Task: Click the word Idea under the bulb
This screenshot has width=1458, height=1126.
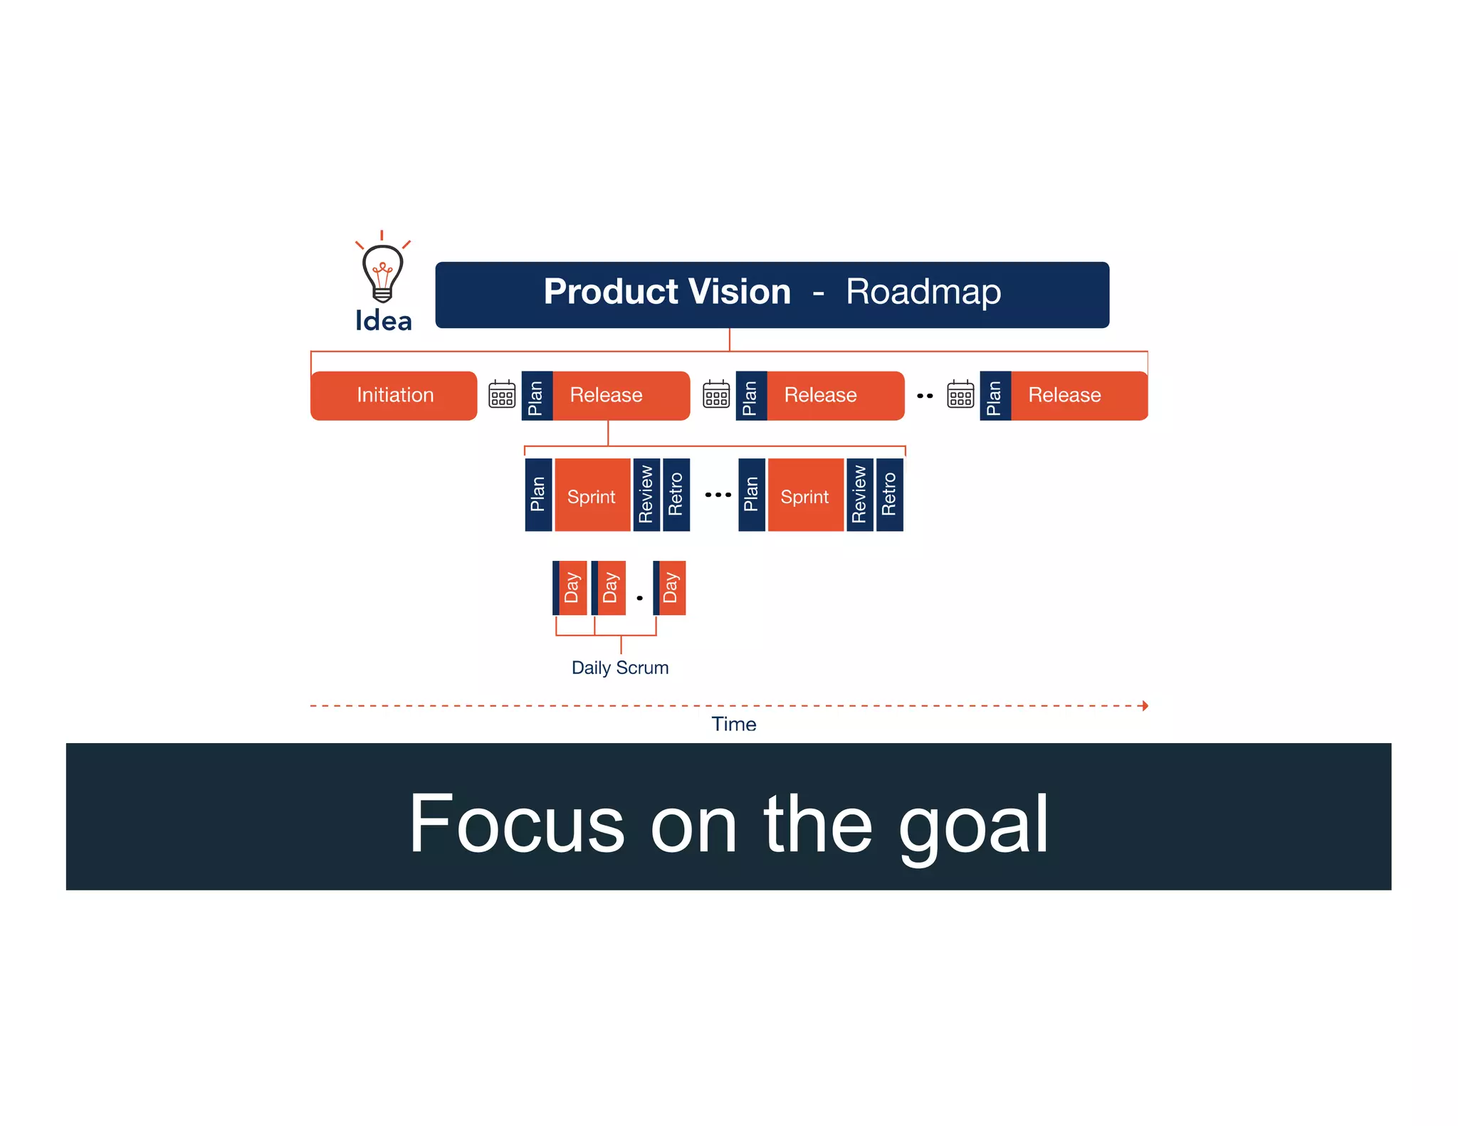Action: (x=383, y=321)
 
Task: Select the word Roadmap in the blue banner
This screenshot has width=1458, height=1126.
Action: (x=923, y=292)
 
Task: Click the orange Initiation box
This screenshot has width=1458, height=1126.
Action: (x=394, y=395)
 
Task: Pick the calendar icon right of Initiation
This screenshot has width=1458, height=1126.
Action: (x=502, y=394)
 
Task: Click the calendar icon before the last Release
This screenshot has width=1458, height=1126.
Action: (x=960, y=394)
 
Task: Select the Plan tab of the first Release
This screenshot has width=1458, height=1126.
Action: (x=536, y=396)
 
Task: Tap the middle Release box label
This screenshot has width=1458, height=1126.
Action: (x=820, y=395)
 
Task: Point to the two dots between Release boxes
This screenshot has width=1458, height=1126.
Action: (x=925, y=396)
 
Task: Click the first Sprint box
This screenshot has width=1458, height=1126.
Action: (x=592, y=496)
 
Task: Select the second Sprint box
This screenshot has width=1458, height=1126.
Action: (x=804, y=496)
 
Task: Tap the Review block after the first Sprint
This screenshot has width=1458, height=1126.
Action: (x=646, y=495)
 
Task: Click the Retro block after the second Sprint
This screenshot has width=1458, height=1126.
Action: (x=889, y=495)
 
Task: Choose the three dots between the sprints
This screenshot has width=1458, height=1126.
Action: (x=718, y=495)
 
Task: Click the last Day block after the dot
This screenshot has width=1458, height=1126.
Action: (x=670, y=588)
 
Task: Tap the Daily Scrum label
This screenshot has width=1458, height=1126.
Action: (x=620, y=668)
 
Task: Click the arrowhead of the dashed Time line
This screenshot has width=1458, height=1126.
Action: (x=1144, y=705)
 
